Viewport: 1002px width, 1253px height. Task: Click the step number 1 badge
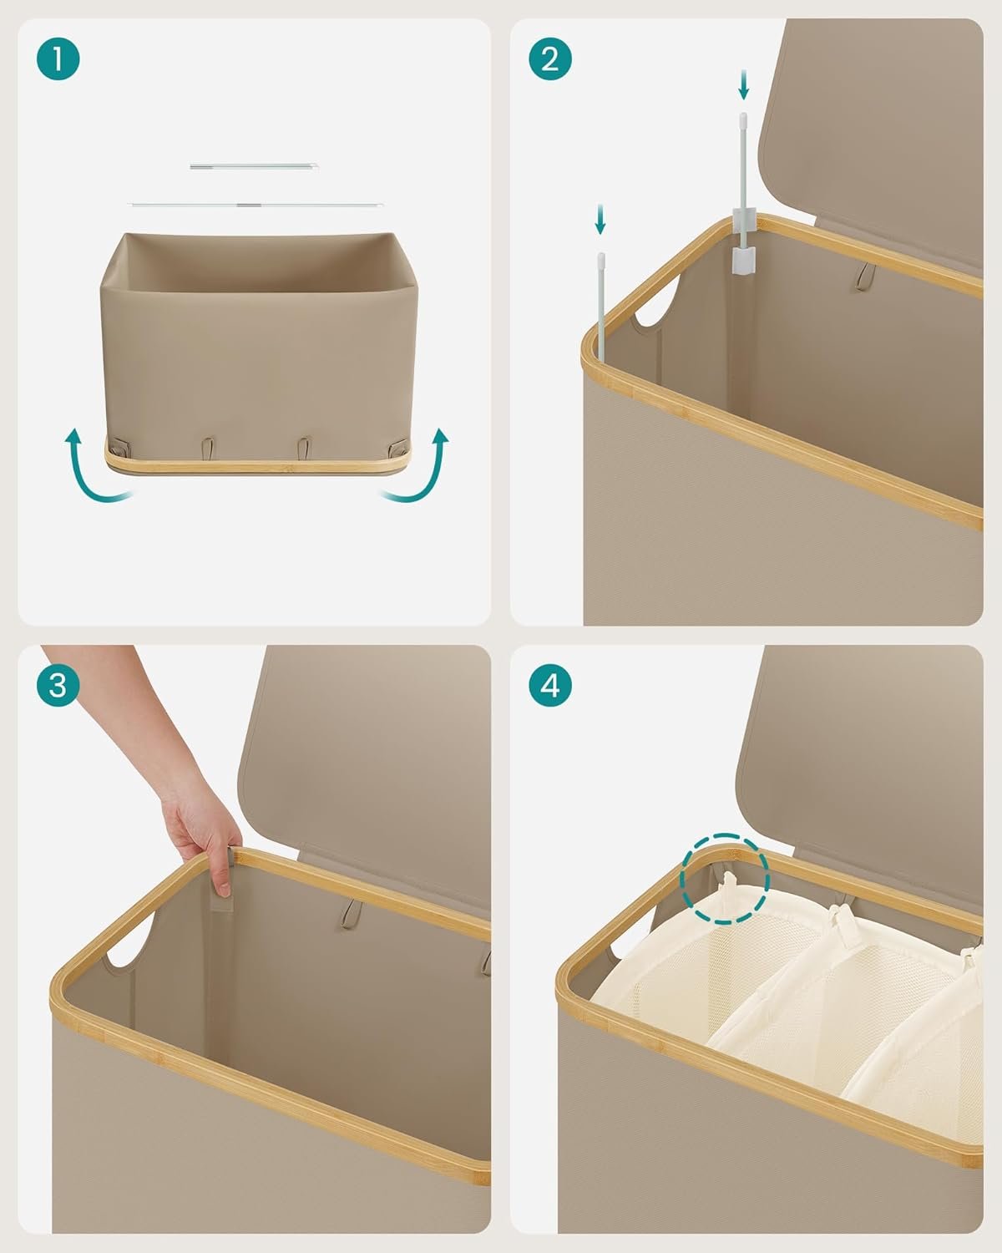pyautogui.click(x=58, y=58)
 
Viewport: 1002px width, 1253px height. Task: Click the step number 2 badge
pyautogui.click(x=550, y=58)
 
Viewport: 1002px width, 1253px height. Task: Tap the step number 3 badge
pyautogui.click(x=58, y=685)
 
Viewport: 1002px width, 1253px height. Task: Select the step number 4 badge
pyautogui.click(x=550, y=685)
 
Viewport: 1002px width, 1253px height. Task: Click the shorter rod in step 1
pyautogui.click(x=254, y=167)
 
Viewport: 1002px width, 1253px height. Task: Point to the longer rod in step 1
pyautogui.click(x=255, y=205)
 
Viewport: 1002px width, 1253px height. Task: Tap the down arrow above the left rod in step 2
pyautogui.click(x=600, y=219)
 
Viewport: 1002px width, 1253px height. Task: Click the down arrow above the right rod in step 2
pyautogui.click(x=743, y=85)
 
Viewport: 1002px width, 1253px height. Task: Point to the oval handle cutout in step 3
pyautogui.click(x=131, y=939)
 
